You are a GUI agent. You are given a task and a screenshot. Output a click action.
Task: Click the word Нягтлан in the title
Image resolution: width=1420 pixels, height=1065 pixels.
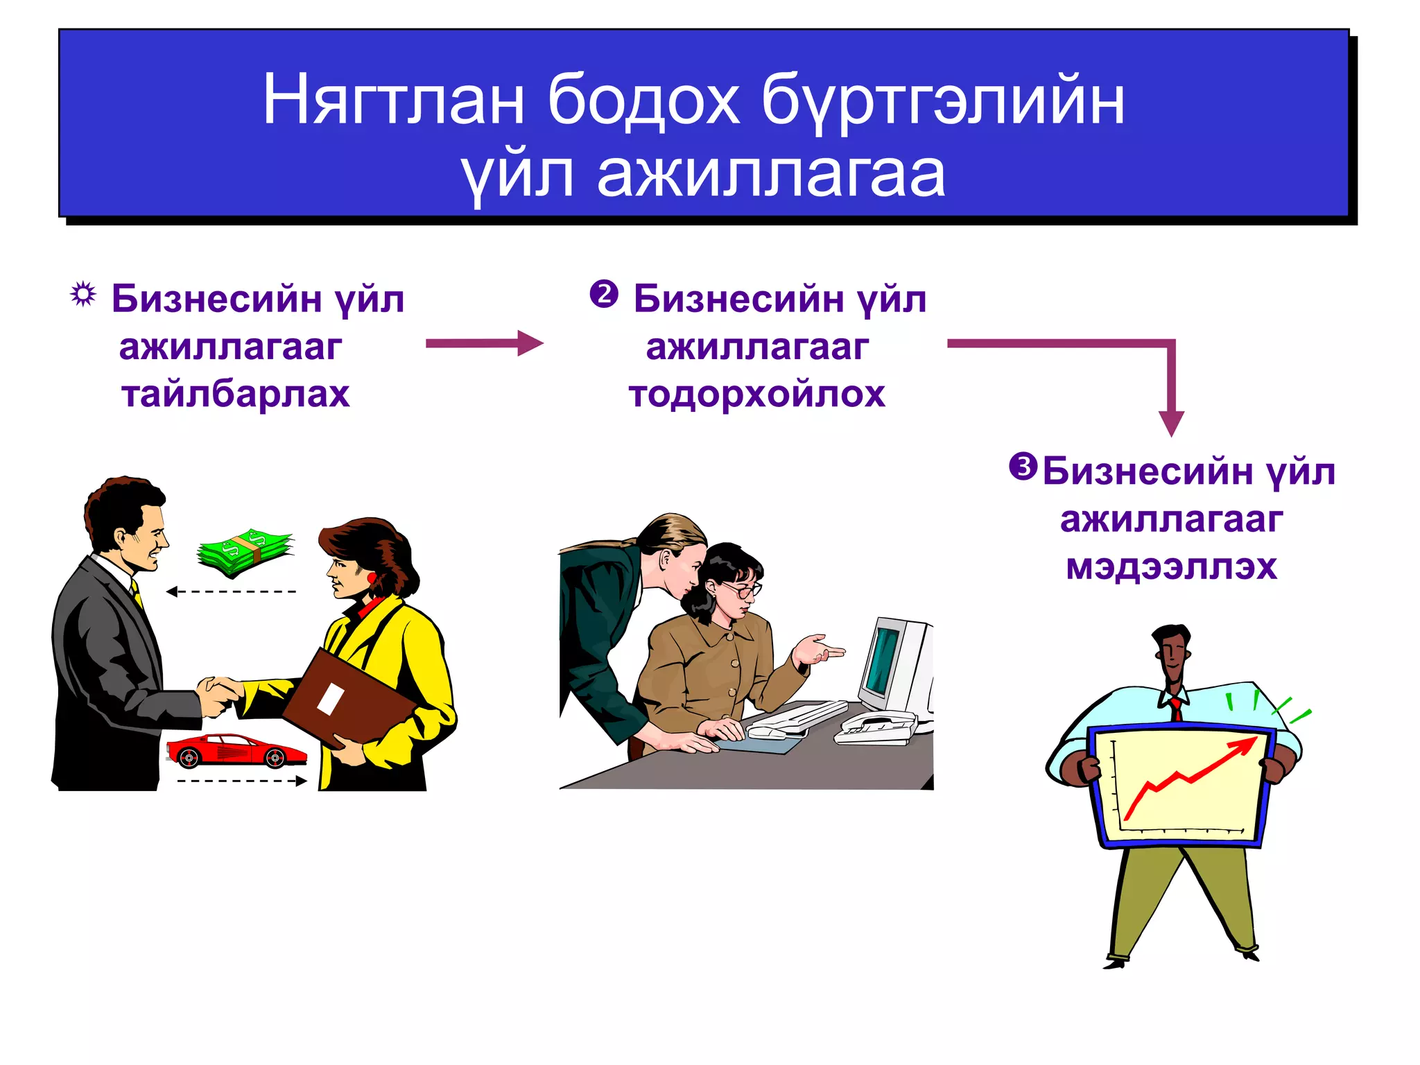click(x=392, y=101)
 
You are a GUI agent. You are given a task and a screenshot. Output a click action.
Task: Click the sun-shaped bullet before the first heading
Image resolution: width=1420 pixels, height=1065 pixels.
click(x=83, y=295)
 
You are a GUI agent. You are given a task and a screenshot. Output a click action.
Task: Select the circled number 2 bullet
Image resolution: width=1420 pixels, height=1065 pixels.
click(x=603, y=294)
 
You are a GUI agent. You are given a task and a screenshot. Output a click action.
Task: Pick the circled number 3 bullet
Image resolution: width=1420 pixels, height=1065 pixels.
click(x=1023, y=466)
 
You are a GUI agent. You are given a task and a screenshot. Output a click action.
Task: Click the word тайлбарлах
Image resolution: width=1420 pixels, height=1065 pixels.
click(x=235, y=394)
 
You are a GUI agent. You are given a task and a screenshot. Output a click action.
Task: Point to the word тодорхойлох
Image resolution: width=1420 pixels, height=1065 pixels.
click(x=756, y=394)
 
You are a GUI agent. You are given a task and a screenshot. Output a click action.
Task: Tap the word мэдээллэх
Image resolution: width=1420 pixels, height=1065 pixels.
click(x=1171, y=566)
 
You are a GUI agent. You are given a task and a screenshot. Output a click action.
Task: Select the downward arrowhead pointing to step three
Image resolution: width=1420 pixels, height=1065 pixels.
click(x=1171, y=422)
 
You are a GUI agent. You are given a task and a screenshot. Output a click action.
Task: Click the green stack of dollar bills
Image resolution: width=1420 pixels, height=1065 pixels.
click(x=245, y=553)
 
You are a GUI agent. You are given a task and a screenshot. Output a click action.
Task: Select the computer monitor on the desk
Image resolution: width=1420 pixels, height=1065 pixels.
click(x=894, y=666)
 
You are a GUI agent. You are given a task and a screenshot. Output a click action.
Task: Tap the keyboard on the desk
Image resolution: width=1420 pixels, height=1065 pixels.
click(x=797, y=718)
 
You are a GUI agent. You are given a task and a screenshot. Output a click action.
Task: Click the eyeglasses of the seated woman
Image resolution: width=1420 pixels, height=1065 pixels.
click(x=742, y=590)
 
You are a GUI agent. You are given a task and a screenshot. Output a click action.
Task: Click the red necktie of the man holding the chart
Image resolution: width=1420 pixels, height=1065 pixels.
click(x=1176, y=709)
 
